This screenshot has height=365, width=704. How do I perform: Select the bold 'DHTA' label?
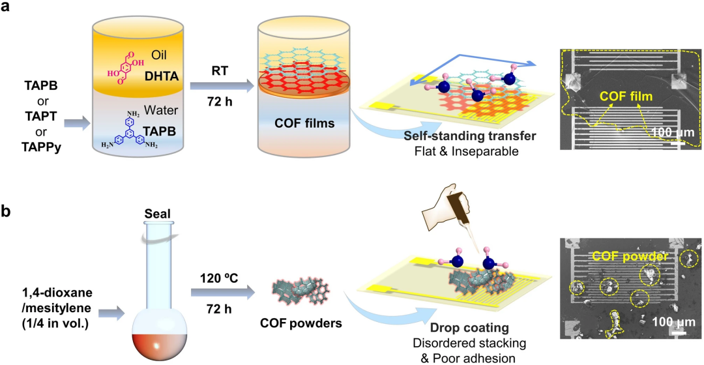[168, 79]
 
